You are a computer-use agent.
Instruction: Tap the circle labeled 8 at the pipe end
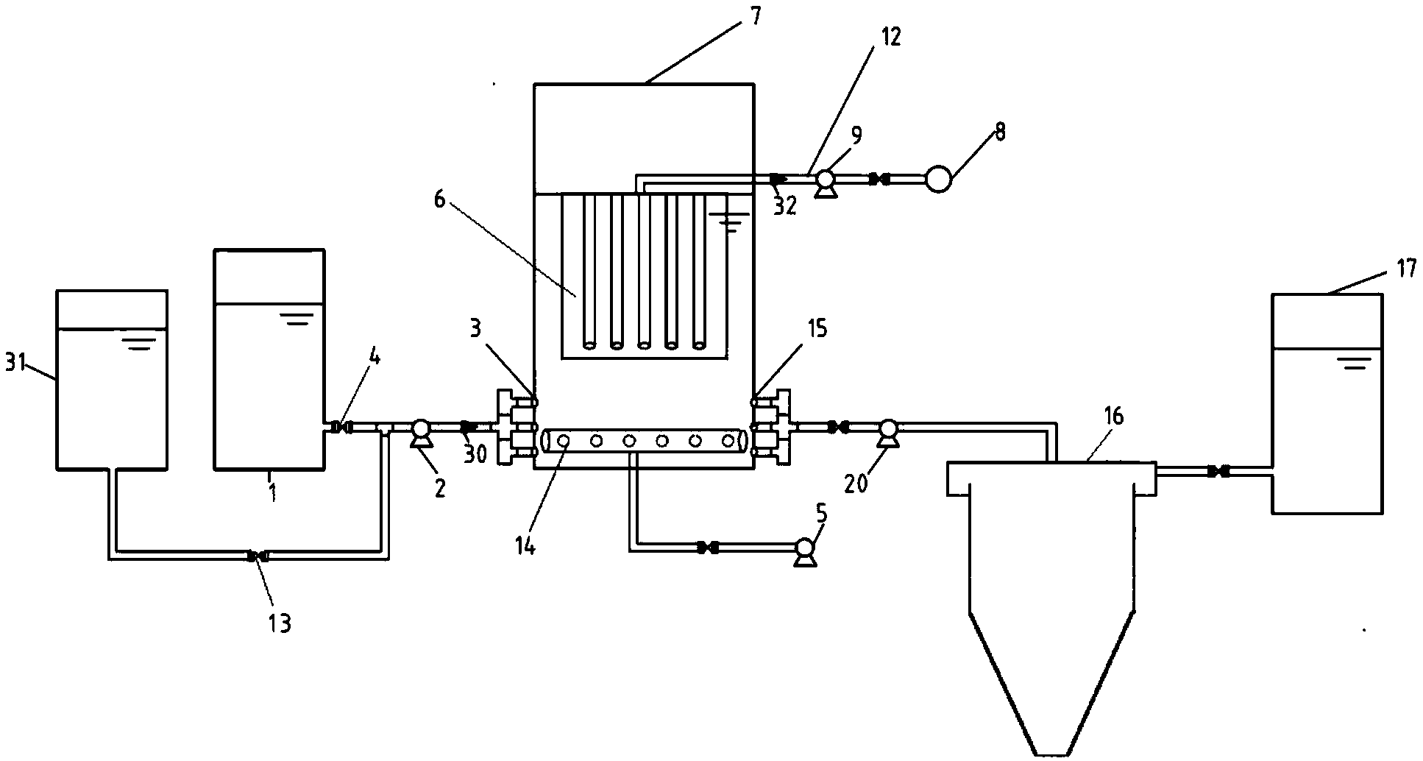pyautogui.click(x=937, y=180)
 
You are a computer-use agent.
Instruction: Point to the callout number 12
pyautogui.click(x=890, y=37)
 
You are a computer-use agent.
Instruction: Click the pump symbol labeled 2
pyautogui.click(x=420, y=432)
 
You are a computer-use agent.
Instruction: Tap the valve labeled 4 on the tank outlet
pyautogui.click(x=340, y=427)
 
